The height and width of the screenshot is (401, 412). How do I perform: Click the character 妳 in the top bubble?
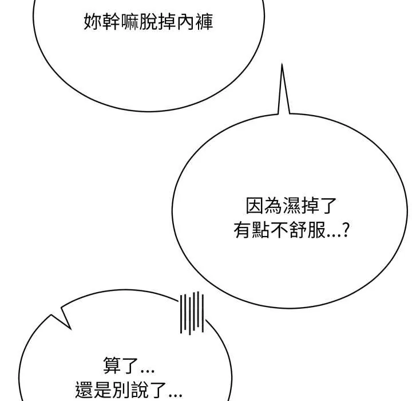click(x=93, y=22)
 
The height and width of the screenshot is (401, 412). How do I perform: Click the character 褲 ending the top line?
click(x=204, y=22)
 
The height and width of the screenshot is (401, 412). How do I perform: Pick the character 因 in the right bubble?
click(x=255, y=205)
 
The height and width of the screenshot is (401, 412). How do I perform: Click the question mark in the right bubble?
click(x=346, y=230)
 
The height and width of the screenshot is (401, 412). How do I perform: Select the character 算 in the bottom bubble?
click(x=112, y=365)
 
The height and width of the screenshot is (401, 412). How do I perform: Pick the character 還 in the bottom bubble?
click(x=84, y=390)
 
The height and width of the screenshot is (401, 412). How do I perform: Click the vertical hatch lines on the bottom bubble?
click(x=192, y=313)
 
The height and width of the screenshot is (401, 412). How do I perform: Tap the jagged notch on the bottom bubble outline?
click(x=62, y=319)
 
